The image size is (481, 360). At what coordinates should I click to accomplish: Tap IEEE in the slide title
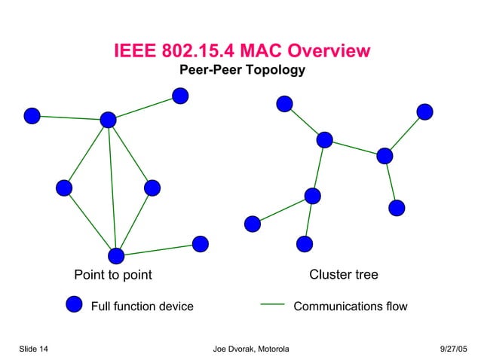point(135,51)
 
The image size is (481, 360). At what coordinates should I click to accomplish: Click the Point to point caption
point(112,275)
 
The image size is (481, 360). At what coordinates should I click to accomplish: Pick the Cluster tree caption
point(344,275)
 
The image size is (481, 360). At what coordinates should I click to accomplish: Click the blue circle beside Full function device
point(74,304)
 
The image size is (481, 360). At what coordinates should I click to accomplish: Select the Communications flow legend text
point(350,307)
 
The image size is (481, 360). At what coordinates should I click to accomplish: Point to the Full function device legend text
point(142,307)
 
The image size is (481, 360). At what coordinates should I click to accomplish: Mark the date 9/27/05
point(453,349)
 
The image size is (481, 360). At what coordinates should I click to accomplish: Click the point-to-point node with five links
point(109,120)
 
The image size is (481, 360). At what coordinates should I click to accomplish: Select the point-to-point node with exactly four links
point(115,255)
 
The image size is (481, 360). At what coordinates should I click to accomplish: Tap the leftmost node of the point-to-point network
point(32,115)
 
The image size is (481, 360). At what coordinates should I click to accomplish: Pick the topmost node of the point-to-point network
point(180,95)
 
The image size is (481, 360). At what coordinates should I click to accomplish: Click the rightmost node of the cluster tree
point(425,111)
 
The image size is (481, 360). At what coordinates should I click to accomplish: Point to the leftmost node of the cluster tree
point(253,223)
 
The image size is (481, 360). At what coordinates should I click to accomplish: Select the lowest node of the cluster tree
point(305,243)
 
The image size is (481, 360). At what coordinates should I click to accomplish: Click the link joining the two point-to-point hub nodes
point(112,188)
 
